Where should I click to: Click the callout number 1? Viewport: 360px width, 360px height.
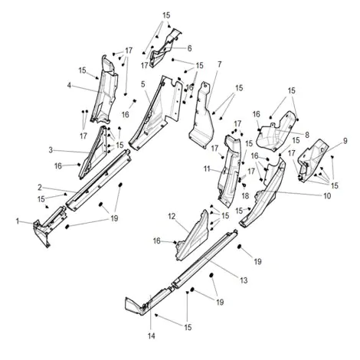point(18,221)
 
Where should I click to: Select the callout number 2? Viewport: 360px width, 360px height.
point(40,188)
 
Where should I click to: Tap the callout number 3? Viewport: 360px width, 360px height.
point(51,150)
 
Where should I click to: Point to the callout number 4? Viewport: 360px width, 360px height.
point(69,86)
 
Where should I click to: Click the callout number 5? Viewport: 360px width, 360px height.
point(142,84)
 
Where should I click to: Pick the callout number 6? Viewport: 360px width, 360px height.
point(189,48)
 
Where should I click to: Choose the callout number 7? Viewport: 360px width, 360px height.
point(219,64)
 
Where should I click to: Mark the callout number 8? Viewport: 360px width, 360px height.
point(306,135)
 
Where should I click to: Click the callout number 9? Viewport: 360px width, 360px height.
point(345,141)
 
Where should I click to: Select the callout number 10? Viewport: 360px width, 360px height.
point(327,196)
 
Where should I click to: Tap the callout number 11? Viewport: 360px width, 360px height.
point(207,169)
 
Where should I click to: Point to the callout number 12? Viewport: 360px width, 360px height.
point(172,217)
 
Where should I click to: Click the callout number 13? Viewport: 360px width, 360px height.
point(244,280)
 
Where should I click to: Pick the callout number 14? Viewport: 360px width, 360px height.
point(152,336)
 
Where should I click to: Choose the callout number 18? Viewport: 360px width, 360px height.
point(245,196)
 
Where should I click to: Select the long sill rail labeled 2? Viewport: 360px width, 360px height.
point(98,180)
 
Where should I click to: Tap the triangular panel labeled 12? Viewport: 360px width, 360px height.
point(193,236)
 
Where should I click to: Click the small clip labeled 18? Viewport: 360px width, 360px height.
point(244,185)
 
